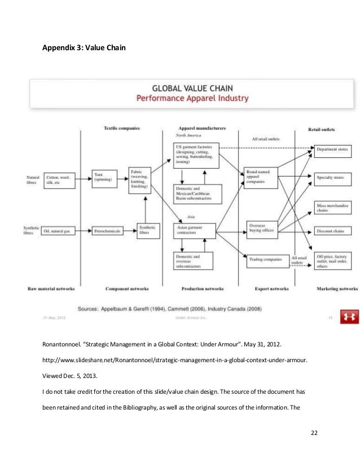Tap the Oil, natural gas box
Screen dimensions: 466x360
coord(59,231)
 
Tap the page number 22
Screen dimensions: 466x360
coord(315,433)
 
